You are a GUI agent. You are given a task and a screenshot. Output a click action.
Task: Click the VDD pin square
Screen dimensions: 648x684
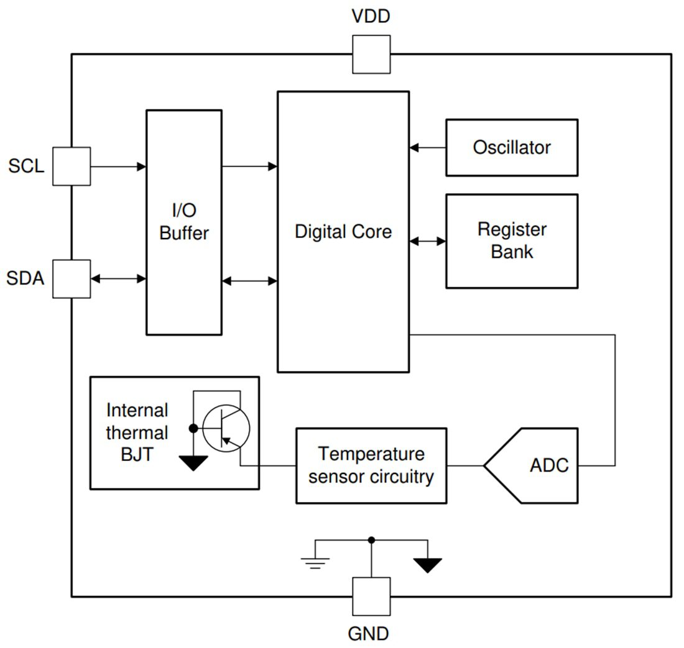tap(371, 54)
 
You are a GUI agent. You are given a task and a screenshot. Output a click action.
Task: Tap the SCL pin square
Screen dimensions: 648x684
tap(71, 166)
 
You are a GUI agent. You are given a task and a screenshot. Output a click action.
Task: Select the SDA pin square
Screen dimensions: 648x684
tap(71, 279)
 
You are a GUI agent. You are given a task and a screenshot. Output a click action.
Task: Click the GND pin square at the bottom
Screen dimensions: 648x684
tap(371, 596)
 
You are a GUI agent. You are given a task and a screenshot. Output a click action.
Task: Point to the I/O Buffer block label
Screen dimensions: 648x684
tap(184, 222)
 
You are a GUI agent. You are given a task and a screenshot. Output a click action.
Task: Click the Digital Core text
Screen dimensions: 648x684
tap(343, 232)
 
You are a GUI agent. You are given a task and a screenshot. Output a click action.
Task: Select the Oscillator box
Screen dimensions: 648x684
tap(512, 148)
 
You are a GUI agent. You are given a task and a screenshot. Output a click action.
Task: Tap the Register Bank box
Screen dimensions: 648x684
tap(512, 241)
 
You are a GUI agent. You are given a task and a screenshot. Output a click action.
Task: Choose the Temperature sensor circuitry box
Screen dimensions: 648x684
tap(371, 465)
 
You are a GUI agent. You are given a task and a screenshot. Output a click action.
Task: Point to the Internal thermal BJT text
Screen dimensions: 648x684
tap(137, 432)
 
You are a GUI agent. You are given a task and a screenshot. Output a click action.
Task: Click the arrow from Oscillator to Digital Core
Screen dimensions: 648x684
tap(428, 148)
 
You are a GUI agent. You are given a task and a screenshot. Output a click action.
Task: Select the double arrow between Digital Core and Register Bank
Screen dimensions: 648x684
tap(428, 241)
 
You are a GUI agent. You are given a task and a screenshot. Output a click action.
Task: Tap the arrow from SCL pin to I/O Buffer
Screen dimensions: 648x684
tap(118, 166)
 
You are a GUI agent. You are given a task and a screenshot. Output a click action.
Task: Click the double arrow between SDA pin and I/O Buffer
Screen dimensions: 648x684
tap(118, 279)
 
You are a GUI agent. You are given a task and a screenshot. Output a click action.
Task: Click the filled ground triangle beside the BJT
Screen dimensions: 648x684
tap(193, 462)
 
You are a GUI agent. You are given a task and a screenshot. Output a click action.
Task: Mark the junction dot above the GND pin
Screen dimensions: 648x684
tap(371, 540)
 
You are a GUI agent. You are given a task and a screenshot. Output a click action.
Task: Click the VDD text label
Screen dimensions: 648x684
tap(371, 16)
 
